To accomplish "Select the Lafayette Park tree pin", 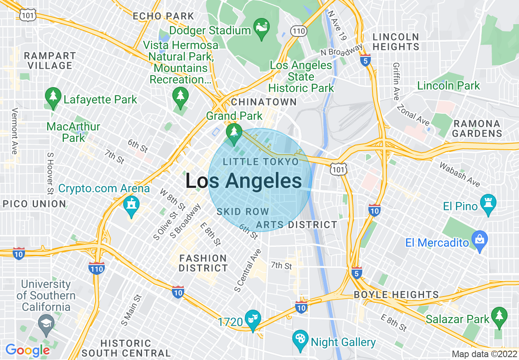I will pyautogui.click(x=53, y=98).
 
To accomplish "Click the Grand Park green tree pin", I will pyautogui.click(x=234, y=134).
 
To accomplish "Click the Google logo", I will pyautogui.click(x=27, y=350).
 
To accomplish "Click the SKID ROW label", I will pyautogui.click(x=243, y=211).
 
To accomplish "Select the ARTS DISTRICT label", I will pyautogui.click(x=296, y=225).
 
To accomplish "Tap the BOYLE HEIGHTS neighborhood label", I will pyautogui.click(x=396, y=295).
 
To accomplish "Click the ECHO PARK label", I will pyautogui.click(x=163, y=16).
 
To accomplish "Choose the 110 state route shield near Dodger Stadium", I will pyautogui.click(x=298, y=31).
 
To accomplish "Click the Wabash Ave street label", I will pyautogui.click(x=460, y=174).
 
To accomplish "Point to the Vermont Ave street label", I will pyautogui.click(x=15, y=131).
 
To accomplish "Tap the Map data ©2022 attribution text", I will pyautogui.click(x=484, y=354).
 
